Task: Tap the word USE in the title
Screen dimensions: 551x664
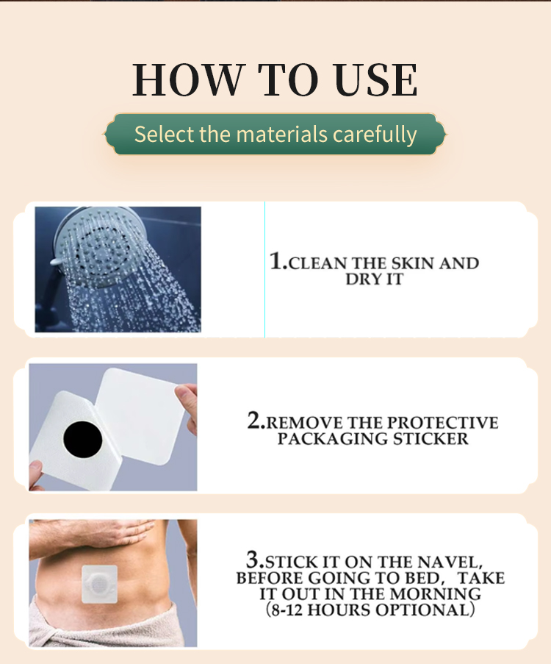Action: [376, 79]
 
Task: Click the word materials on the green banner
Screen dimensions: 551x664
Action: [282, 134]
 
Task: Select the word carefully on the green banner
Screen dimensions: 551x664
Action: [375, 135]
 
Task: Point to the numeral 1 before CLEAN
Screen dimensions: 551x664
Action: [276, 260]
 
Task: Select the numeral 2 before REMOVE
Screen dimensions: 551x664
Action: [255, 420]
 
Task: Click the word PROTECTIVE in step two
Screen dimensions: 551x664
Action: [443, 423]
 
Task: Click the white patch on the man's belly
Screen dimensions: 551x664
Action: [99, 584]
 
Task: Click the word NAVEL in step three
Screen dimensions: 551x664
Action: [450, 563]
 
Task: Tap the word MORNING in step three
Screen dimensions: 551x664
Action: [436, 593]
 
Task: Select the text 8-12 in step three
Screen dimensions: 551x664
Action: [287, 610]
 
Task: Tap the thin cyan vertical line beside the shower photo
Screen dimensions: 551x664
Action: [265, 270]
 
